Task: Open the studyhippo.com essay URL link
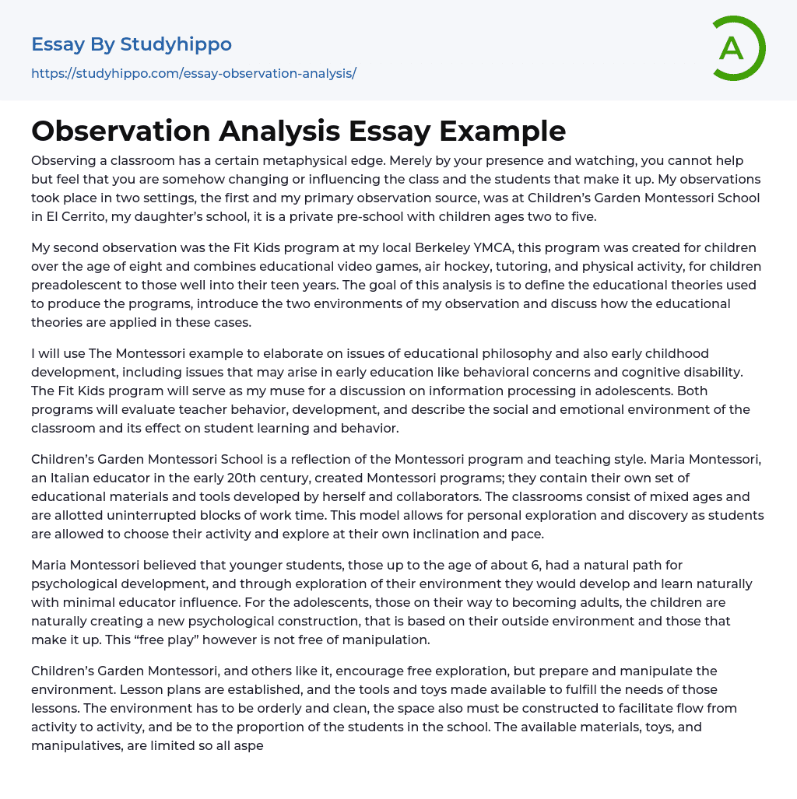pos(193,73)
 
